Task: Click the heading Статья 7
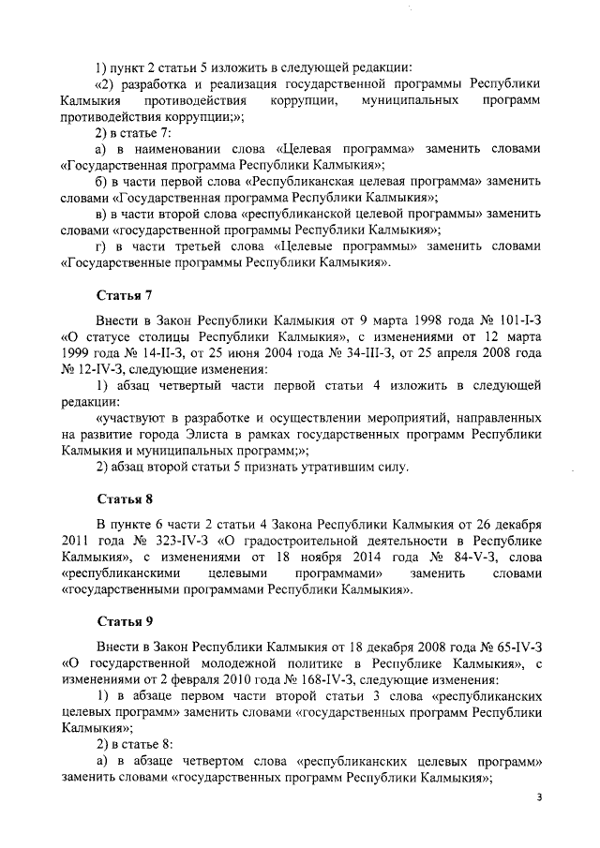pos(126,294)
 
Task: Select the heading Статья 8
pos(126,498)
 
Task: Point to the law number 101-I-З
pos(513,320)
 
